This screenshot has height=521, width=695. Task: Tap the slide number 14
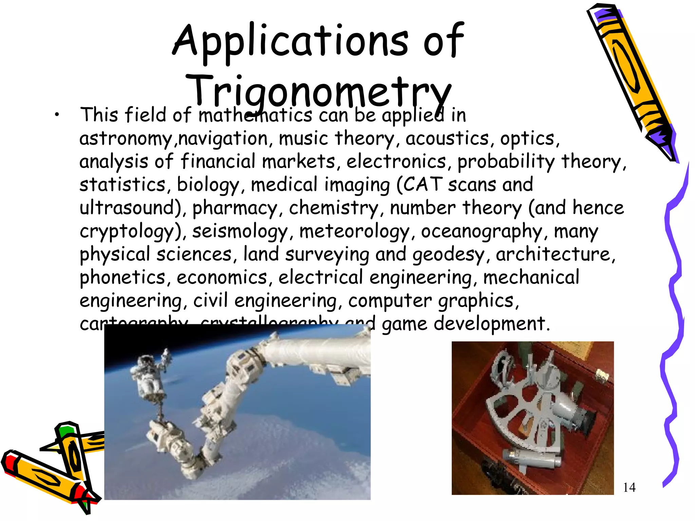[629, 487]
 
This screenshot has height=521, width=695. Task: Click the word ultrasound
[130, 208]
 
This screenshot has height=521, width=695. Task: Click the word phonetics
[123, 278]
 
